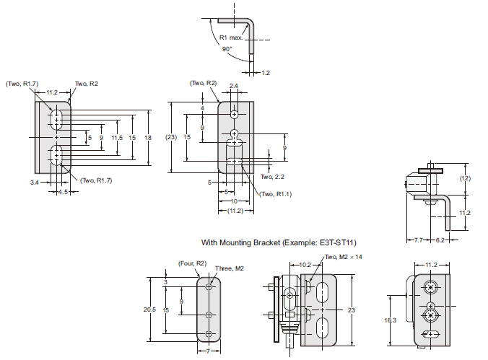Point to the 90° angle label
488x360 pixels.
coord(227,50)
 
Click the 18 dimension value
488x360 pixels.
coord(147,137)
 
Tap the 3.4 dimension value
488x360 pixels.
coord(34,183)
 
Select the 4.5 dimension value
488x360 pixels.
coord(62,192)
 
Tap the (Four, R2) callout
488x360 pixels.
coord(191,263)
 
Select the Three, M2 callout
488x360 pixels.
coord(230,268)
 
